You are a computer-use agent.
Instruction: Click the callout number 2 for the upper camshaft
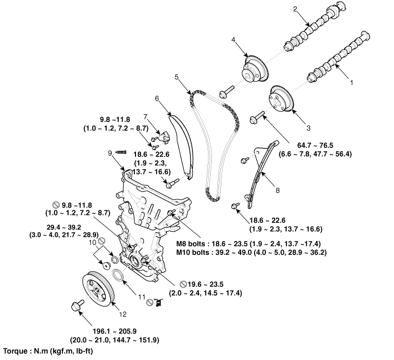(295, 9)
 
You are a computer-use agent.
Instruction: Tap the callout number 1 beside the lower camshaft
(352, 83)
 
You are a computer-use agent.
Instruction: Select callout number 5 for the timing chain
(176, 76)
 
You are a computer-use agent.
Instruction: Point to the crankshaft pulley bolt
(78, 305)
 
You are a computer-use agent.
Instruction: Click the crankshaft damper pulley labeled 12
(98, 289)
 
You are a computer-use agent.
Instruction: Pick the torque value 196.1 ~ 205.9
(115, 331)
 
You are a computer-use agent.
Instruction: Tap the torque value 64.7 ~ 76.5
(315, 145)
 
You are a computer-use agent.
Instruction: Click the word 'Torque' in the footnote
(16, 351)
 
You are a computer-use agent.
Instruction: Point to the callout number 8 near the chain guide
(278, 190)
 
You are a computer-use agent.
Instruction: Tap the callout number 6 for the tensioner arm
(157, 98)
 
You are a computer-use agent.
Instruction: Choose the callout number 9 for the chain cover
(110, 153)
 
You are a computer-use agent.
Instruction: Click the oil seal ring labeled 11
(118, 275)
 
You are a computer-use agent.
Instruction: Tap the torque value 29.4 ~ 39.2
(64, 227)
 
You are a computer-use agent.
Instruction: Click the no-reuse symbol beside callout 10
(102, 241)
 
